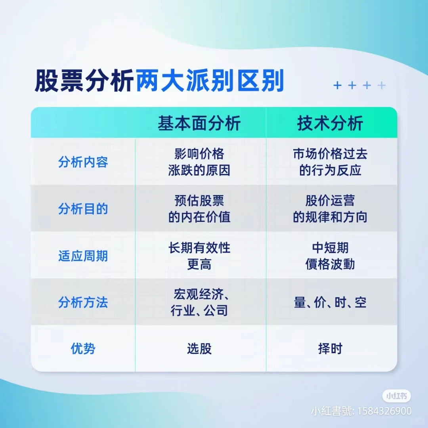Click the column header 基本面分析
coord(199,123)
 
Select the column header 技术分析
coord(330,123)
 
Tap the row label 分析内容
coord(83,162)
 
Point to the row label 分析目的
coord(83,209)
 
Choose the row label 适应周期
coord(83,256)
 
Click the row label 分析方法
coord(83,303)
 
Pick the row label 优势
coord(83,349)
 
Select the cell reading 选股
coord(199,349)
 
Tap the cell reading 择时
coord(330,349)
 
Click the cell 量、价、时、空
coord(330,303)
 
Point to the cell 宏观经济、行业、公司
coord(199,303)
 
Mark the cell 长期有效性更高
coord(199,256)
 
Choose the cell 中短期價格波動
coord(330,256)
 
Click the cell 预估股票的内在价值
coord(199,209)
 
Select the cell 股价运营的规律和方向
coord(330,209)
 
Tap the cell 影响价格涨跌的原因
coord(199,162)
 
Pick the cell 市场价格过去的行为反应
coord(330,162)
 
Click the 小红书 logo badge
coord(396,396)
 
